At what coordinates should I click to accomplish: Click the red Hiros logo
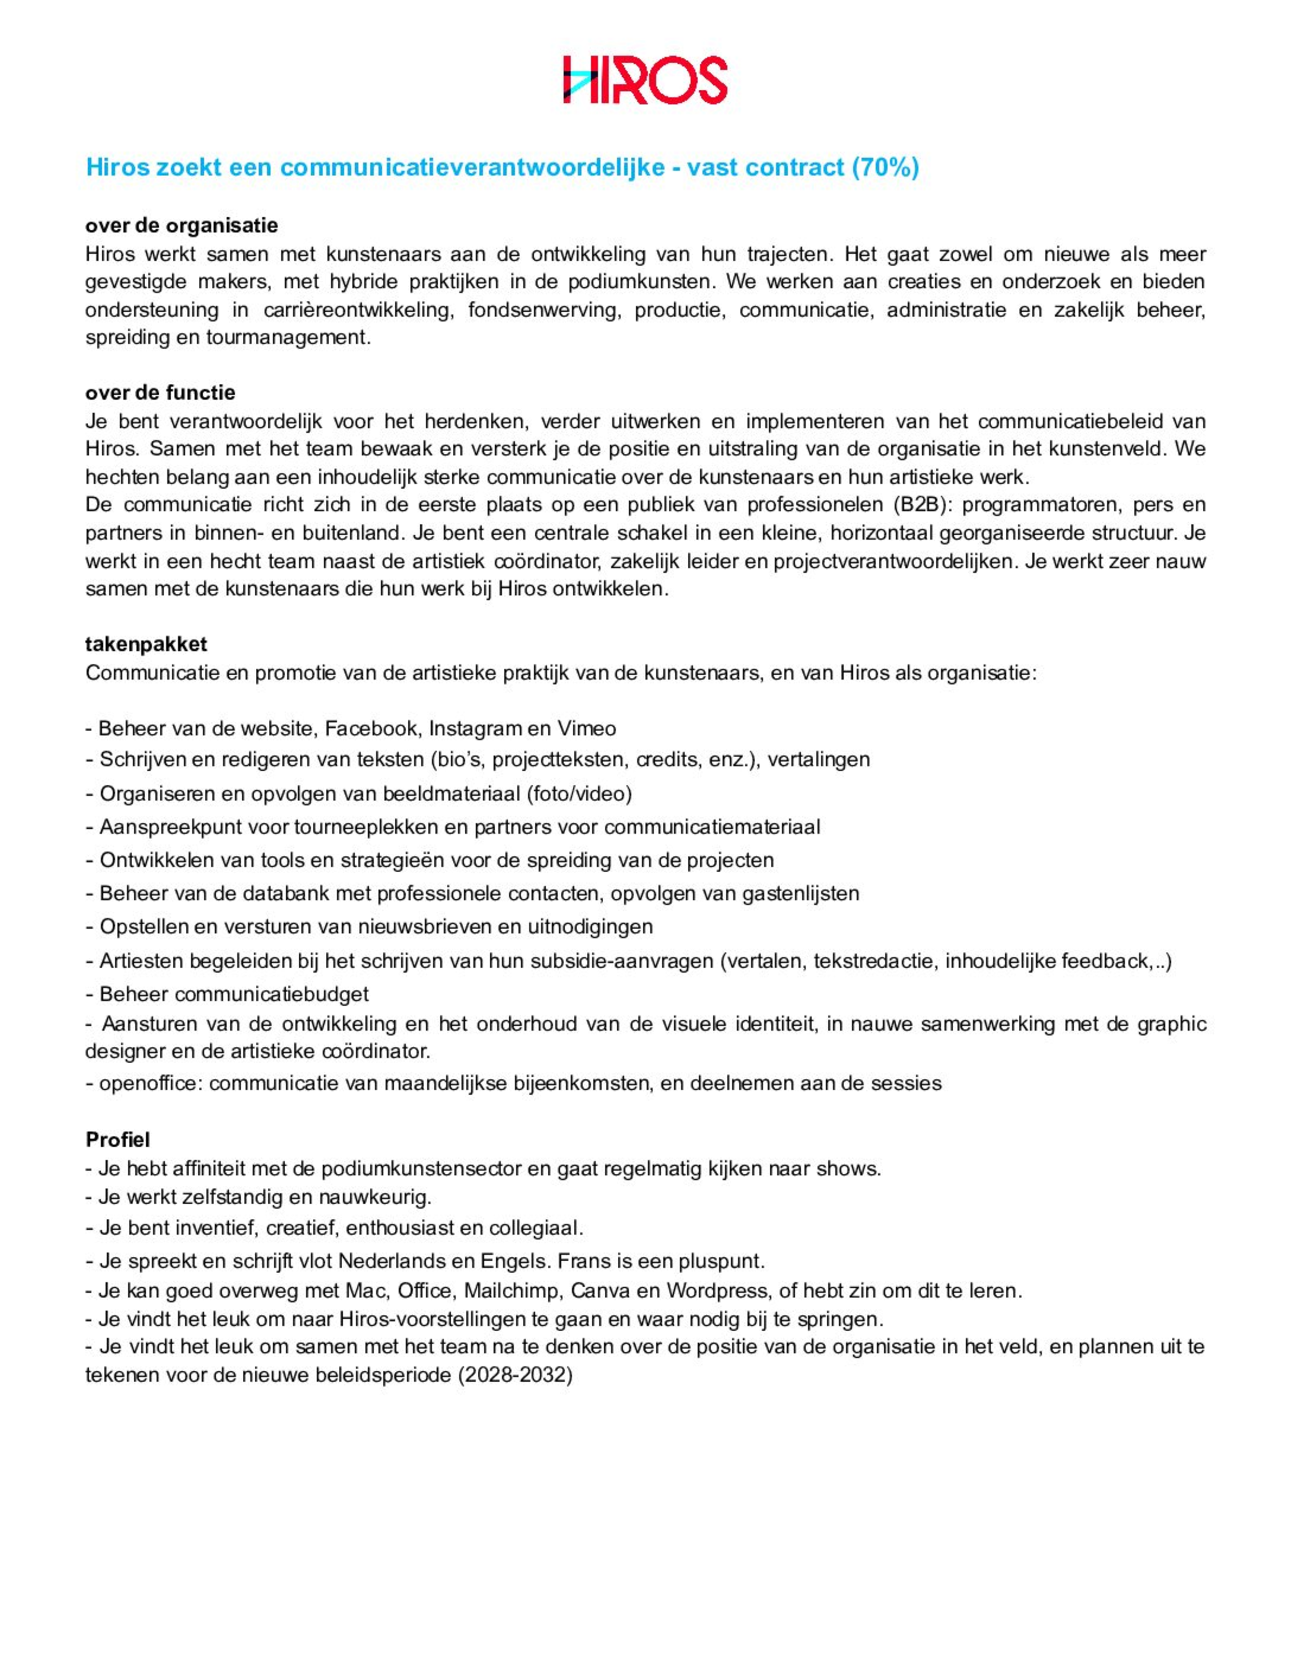[x=645, y=80]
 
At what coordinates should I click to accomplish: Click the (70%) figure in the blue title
[x=885, y=168]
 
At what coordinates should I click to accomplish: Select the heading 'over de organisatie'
[x=181, y=226]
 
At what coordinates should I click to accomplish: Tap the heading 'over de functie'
[x=160, y=393]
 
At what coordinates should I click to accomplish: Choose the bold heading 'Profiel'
[x=118, y=1140]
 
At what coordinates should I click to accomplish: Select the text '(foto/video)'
[x=579, y=794]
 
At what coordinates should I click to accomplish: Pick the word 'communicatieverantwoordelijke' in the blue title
[x=472, y=168]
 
